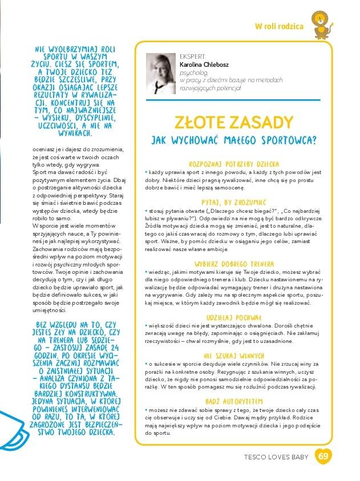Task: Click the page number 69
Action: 323,456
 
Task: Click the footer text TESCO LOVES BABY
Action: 276,456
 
